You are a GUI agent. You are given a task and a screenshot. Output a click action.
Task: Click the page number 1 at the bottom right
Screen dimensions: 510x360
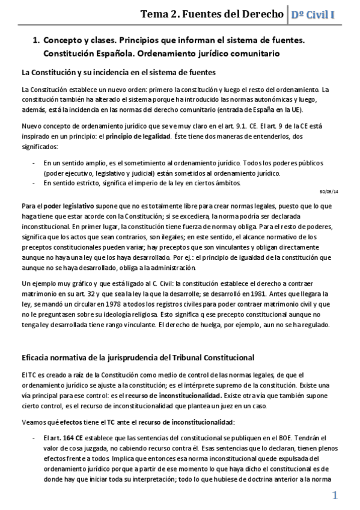[335, 495]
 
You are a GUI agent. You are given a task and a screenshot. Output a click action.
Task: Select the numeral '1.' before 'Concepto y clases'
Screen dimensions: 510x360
[35, 40]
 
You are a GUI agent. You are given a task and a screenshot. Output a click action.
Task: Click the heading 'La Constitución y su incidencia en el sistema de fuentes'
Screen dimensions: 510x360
[118, 73]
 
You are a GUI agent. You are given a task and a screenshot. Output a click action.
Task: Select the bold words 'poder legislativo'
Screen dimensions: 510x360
[66, 204]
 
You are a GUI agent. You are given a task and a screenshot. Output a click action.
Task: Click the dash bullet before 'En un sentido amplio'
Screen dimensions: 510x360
[31, 163]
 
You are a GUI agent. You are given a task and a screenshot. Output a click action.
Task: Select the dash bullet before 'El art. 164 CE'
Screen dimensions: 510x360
[31, 436]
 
